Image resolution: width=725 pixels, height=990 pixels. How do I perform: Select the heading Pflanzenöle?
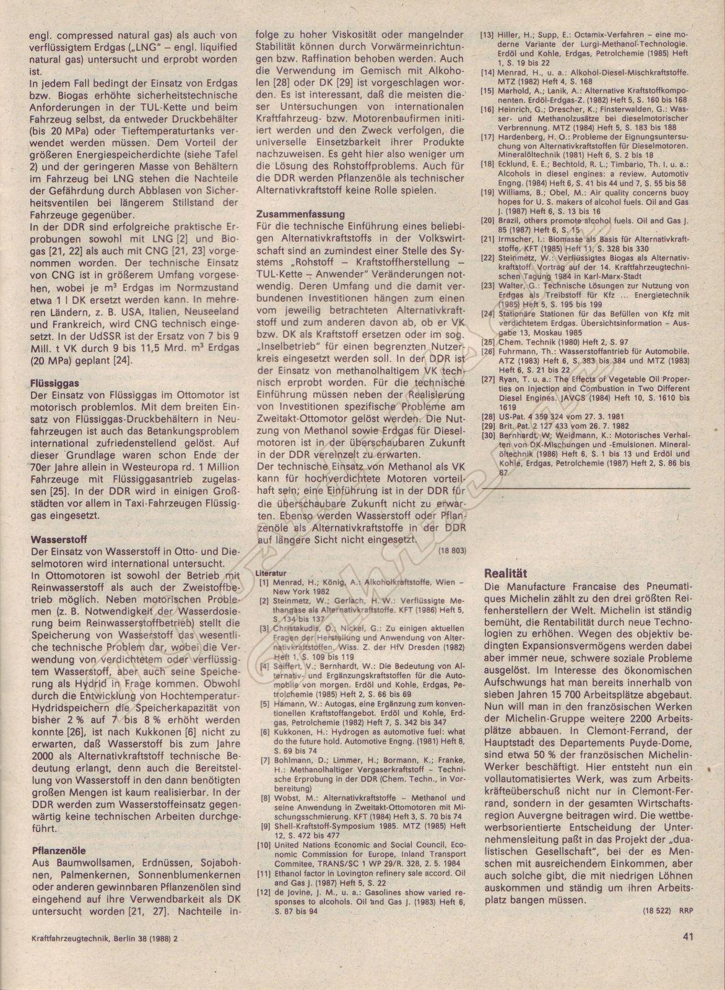[x=56, y=850]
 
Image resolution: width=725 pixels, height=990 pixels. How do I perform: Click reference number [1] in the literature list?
[x=264, y=582]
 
